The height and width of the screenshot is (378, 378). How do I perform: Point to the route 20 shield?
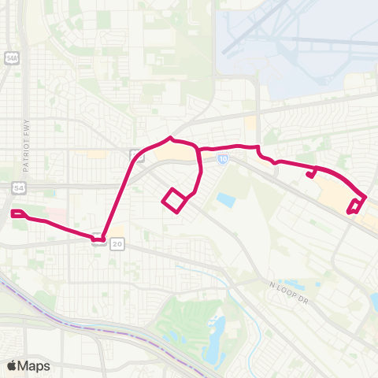[118, 245]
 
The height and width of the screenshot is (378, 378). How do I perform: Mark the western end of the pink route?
[13, 213]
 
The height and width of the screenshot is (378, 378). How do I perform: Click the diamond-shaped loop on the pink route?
[175, 200]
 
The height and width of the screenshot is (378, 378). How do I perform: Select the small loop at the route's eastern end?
[355, 206]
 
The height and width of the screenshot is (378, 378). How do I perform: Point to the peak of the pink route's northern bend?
[169, 139]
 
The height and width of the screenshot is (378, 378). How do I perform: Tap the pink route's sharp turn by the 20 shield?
[102, 237]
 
